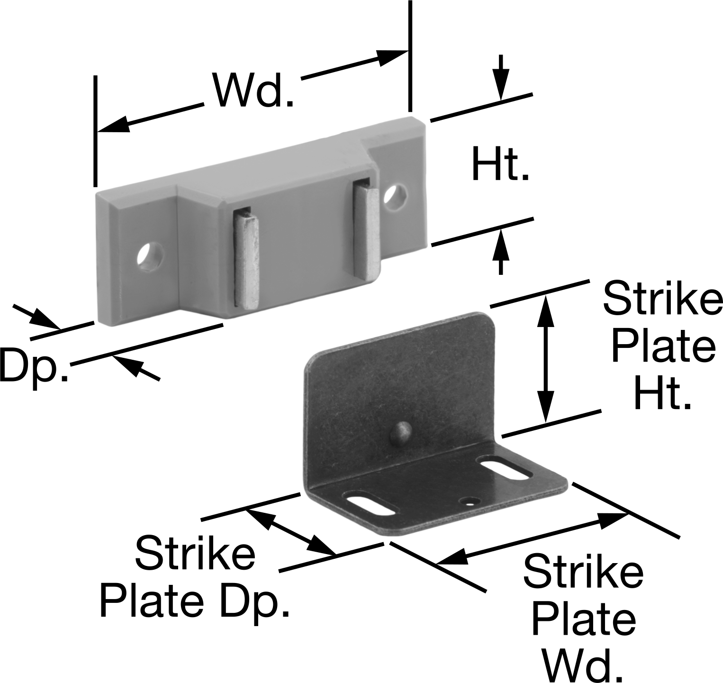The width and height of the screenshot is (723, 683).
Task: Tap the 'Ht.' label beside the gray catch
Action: click(500, 164)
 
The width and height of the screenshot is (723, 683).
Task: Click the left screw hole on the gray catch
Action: click(150, 256)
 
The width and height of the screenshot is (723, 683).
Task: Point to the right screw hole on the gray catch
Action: click(396, 197)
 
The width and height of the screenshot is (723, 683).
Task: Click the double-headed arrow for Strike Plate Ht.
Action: click(545, 358)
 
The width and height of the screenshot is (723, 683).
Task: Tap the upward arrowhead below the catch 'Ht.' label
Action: click(500, 245)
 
